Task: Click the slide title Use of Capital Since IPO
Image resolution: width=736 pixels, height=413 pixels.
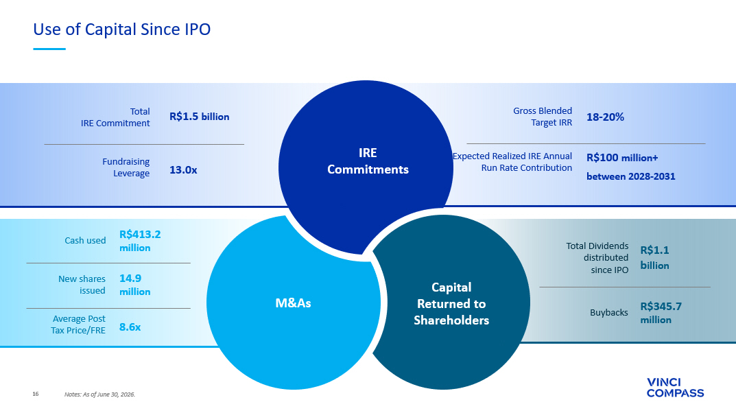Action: tap(121, 29)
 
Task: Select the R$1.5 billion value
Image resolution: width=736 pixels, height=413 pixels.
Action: tap(200, 117)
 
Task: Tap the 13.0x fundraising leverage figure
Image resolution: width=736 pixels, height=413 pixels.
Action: tap(183, 170)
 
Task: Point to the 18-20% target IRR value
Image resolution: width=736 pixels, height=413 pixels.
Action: tap(605, 117)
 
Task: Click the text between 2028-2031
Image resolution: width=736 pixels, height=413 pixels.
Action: tap(631, 176)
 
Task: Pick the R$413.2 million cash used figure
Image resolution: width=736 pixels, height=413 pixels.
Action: tap(140, 241)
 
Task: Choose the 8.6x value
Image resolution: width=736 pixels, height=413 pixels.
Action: tap(130, 327)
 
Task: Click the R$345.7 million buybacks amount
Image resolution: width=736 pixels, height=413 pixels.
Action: tap(661, 313)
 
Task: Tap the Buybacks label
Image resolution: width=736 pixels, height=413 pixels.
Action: tap(609, 313)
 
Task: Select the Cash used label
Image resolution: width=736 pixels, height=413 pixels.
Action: tap(85, 240)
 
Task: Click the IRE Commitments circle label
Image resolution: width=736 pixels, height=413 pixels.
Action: tap(368, 161)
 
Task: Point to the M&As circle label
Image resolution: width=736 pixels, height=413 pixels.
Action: tap(293, 303)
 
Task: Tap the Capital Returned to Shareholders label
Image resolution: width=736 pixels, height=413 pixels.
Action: tap(451, 304)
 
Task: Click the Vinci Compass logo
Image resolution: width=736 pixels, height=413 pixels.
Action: tap(675, 388)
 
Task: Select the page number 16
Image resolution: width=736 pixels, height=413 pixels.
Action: tap(36, 394)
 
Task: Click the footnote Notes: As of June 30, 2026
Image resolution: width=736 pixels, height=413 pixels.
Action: tap(99, 394)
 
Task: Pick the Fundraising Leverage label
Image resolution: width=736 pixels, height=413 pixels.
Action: tap(126, 167)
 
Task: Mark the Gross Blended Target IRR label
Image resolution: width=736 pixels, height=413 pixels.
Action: tap(543, 117)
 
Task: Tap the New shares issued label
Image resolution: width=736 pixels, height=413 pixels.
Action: tap(82, 285)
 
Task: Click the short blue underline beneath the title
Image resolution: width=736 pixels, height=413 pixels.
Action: tap(49, 49)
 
